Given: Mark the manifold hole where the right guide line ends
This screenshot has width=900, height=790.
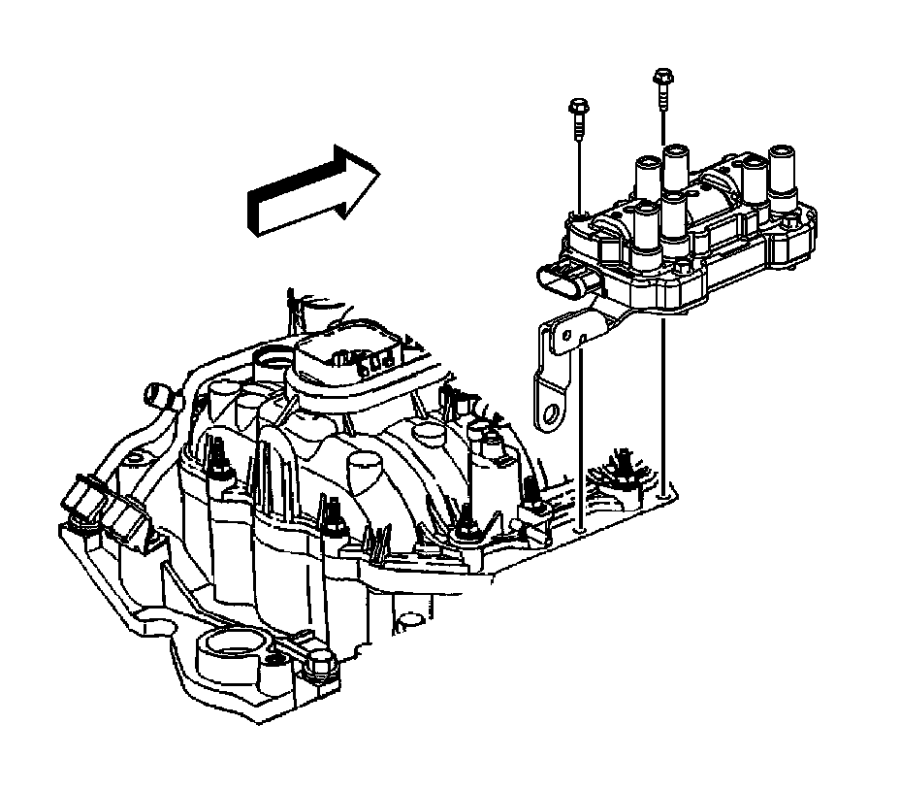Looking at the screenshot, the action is [x=663, y=495].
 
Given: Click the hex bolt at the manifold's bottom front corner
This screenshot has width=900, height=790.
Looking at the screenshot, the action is [x=326, y=669].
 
